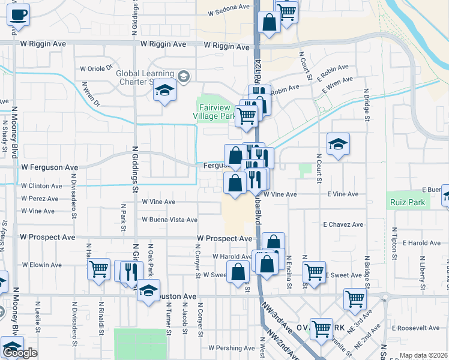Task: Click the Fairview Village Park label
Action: pos(216,111)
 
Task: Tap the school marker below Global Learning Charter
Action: pos(164,91)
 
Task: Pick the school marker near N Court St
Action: pos(338,144)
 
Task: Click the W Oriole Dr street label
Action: pos(97,68)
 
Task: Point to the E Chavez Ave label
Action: pos(343,224)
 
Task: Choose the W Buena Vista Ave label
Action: pos(169,220)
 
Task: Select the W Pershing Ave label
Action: pos(232,348)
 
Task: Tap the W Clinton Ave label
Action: pos(41,186)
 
